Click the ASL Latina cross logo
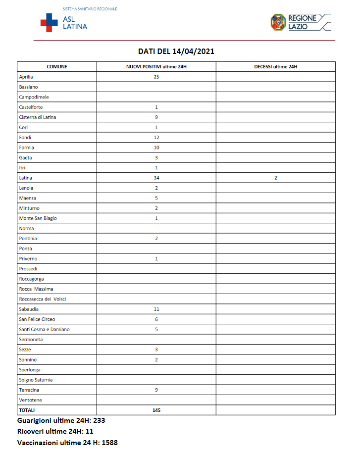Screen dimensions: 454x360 pos(49,23)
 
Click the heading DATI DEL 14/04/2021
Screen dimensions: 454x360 pos(176,51)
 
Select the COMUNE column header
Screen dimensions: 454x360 pos(57,66)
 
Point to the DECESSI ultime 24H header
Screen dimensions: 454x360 pos(275,66)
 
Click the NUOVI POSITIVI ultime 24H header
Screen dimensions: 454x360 pos(156,66)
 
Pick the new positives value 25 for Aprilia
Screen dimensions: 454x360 pos(156,77)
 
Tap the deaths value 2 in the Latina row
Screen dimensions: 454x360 pos(275,178)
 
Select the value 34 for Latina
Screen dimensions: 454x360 pos(156,178)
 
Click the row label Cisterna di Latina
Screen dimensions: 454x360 pos(38,117)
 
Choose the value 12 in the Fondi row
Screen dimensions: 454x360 pos(156,137)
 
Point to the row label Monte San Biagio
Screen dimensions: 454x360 pos(38,218)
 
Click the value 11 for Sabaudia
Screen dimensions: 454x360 pos(156,309)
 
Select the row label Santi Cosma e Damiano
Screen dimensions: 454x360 pos(44,329)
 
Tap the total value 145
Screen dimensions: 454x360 pos(156,410)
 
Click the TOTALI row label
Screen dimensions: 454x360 pos(27,410)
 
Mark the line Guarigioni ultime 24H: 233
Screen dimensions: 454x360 pos(61,420)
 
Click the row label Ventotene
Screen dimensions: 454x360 pos(30,400)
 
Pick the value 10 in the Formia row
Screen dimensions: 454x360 pos(156,148)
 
